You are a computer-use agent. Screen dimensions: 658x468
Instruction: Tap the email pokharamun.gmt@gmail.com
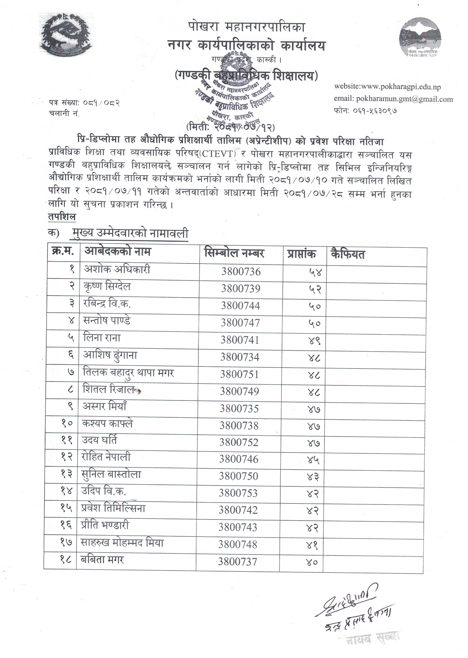[x=404, y=99]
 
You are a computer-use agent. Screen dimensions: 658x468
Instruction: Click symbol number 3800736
[x=241, y=272]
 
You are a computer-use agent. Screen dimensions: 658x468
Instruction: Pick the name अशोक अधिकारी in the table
[x=117, y=269]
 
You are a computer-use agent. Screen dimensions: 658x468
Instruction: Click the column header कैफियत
[x=348, y=254]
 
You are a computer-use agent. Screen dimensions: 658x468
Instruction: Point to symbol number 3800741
[x=240, y=340]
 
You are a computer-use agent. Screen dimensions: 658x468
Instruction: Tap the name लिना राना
[x=102, y=338]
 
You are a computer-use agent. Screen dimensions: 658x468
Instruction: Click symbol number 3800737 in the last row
[x=238, y=562]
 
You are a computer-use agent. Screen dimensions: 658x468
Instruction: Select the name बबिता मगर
[x=102, y=560]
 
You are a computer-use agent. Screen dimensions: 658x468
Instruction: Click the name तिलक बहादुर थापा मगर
[x=128, y=373]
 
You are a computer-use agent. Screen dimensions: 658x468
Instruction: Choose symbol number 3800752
[x=239, y=442]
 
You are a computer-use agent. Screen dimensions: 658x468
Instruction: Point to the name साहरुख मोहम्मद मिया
[x=122, y=543]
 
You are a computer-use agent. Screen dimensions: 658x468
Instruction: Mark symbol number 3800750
[x=238, y=476]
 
